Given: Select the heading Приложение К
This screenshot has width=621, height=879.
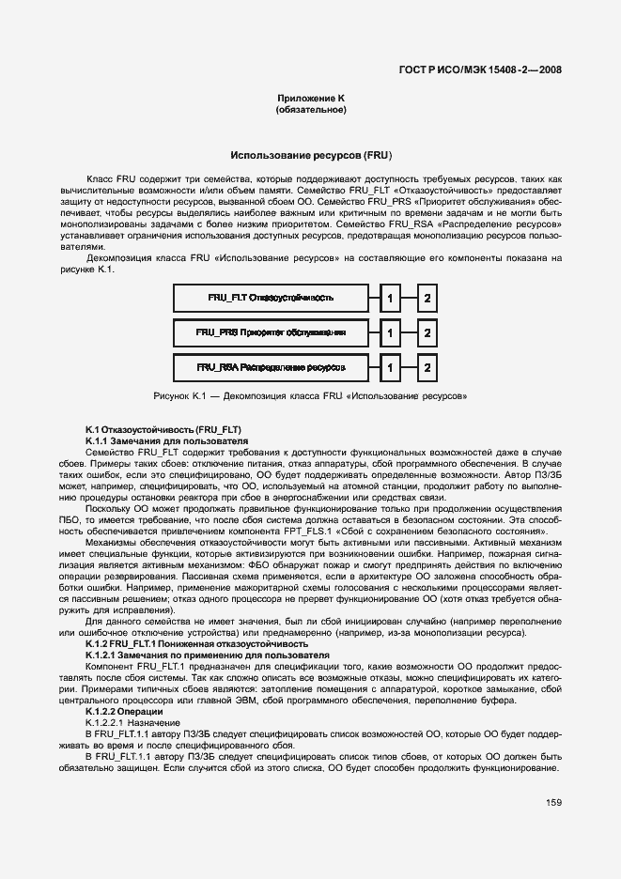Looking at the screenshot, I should (311, 99).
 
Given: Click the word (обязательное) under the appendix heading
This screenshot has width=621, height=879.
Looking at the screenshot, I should (311, 110).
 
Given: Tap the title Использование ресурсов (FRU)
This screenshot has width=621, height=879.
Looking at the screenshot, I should (311, 154).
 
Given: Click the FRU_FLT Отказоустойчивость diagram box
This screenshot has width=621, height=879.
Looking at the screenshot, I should (271, 299).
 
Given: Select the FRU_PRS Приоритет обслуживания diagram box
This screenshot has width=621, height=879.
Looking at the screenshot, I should (271, 332).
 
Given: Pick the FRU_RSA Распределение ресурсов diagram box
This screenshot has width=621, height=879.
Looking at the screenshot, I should (271, 366).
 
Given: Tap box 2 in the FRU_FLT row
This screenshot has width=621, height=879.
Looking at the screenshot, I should (427, 299).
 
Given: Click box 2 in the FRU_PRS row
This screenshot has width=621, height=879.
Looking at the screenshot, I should (427, 332).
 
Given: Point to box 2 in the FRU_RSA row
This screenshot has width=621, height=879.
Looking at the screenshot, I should (427, 366).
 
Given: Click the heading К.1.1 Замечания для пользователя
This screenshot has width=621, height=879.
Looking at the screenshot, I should (166, 439).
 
